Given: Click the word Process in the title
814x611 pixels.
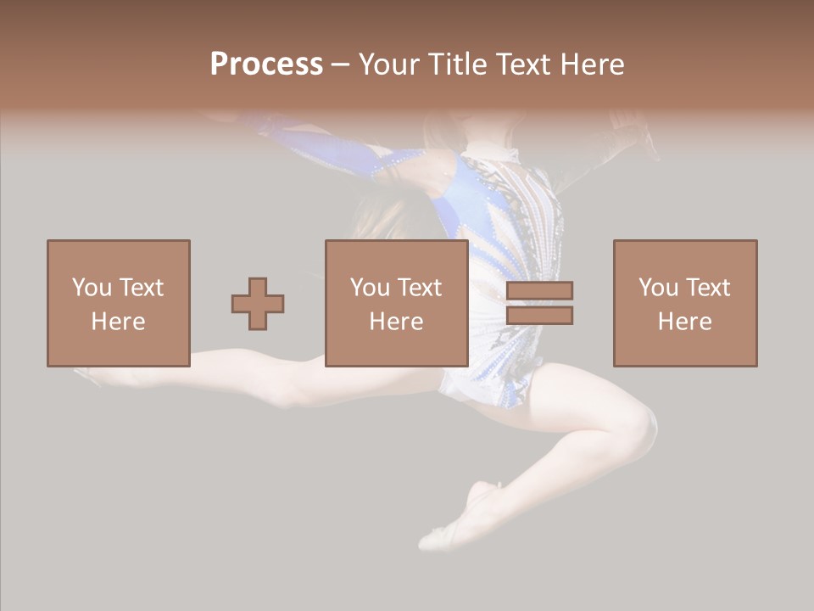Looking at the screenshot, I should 266,64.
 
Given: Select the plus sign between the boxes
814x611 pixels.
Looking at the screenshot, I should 258,304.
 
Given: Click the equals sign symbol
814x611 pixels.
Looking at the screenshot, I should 539,303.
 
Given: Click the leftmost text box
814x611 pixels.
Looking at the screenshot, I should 118,303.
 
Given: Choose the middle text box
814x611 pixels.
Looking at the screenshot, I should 396,303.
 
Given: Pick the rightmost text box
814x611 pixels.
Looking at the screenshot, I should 684,303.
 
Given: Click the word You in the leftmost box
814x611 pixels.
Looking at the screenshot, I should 91,288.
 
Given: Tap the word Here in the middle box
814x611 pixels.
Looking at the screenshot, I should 396,321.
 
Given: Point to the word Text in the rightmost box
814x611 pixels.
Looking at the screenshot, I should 706,288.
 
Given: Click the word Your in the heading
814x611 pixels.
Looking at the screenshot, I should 389,64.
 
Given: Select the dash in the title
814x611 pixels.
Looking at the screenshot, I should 341,64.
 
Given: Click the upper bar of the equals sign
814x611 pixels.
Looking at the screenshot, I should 539,290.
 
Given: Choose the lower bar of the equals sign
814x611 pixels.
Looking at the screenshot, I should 539,315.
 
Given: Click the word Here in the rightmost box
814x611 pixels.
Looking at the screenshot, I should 684,321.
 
